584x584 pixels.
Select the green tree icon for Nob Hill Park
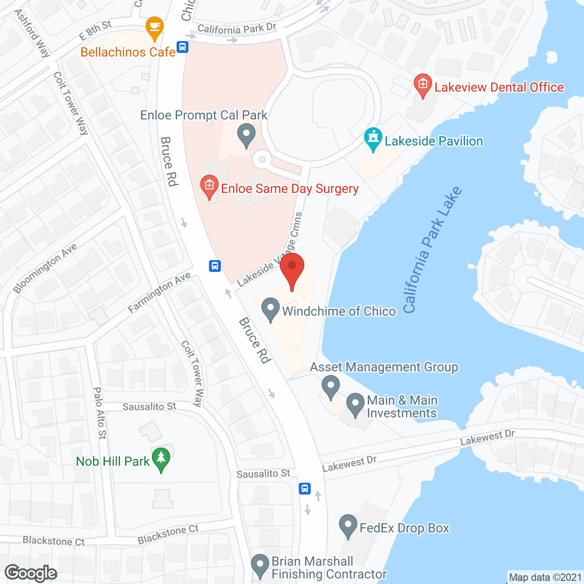(161, 459)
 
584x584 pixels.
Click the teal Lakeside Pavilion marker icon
(373, 139)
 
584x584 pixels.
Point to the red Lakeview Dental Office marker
(423, 85)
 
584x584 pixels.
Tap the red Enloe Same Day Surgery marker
(209, 187)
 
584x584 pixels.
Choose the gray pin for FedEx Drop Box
(348, 526)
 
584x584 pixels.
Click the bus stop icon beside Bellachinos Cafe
(182, 47)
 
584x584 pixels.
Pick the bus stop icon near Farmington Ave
(215, 266)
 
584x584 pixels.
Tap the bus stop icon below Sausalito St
(305, 488)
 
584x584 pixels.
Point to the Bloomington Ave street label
(45, 268)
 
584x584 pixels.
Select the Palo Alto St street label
(99, 413)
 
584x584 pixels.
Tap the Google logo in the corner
(31, 573)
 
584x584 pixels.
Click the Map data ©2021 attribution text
(545, 577)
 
